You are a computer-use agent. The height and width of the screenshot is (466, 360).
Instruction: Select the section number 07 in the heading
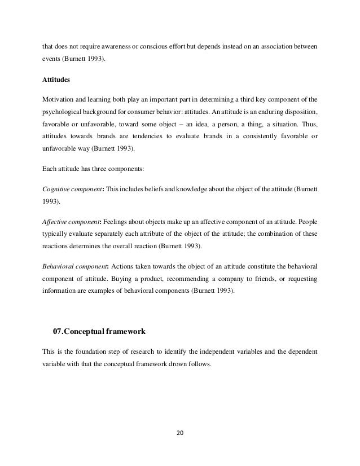[58, 331]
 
